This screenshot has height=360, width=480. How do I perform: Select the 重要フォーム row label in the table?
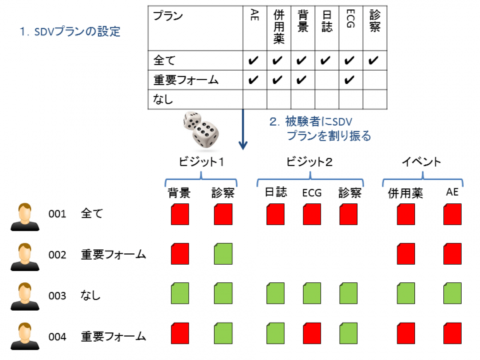[x=186, y=80]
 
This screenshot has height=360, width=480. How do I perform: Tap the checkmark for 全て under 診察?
[x=374, y=61]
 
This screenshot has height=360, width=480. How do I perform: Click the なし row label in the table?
[x=164, y=99]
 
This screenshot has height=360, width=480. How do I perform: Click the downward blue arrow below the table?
[x=243, y=129]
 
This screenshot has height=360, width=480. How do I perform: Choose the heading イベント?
[x=421, y=162]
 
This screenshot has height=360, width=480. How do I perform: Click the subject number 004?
[x=57, y=337]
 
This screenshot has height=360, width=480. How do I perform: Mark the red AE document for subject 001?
[x=452, y=215]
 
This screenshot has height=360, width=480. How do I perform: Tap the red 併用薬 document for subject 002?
[x=406, y=255]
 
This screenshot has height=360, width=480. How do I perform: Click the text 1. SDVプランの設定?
[x=69, y=31]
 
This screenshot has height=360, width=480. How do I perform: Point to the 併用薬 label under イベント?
[x=405, y=193]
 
